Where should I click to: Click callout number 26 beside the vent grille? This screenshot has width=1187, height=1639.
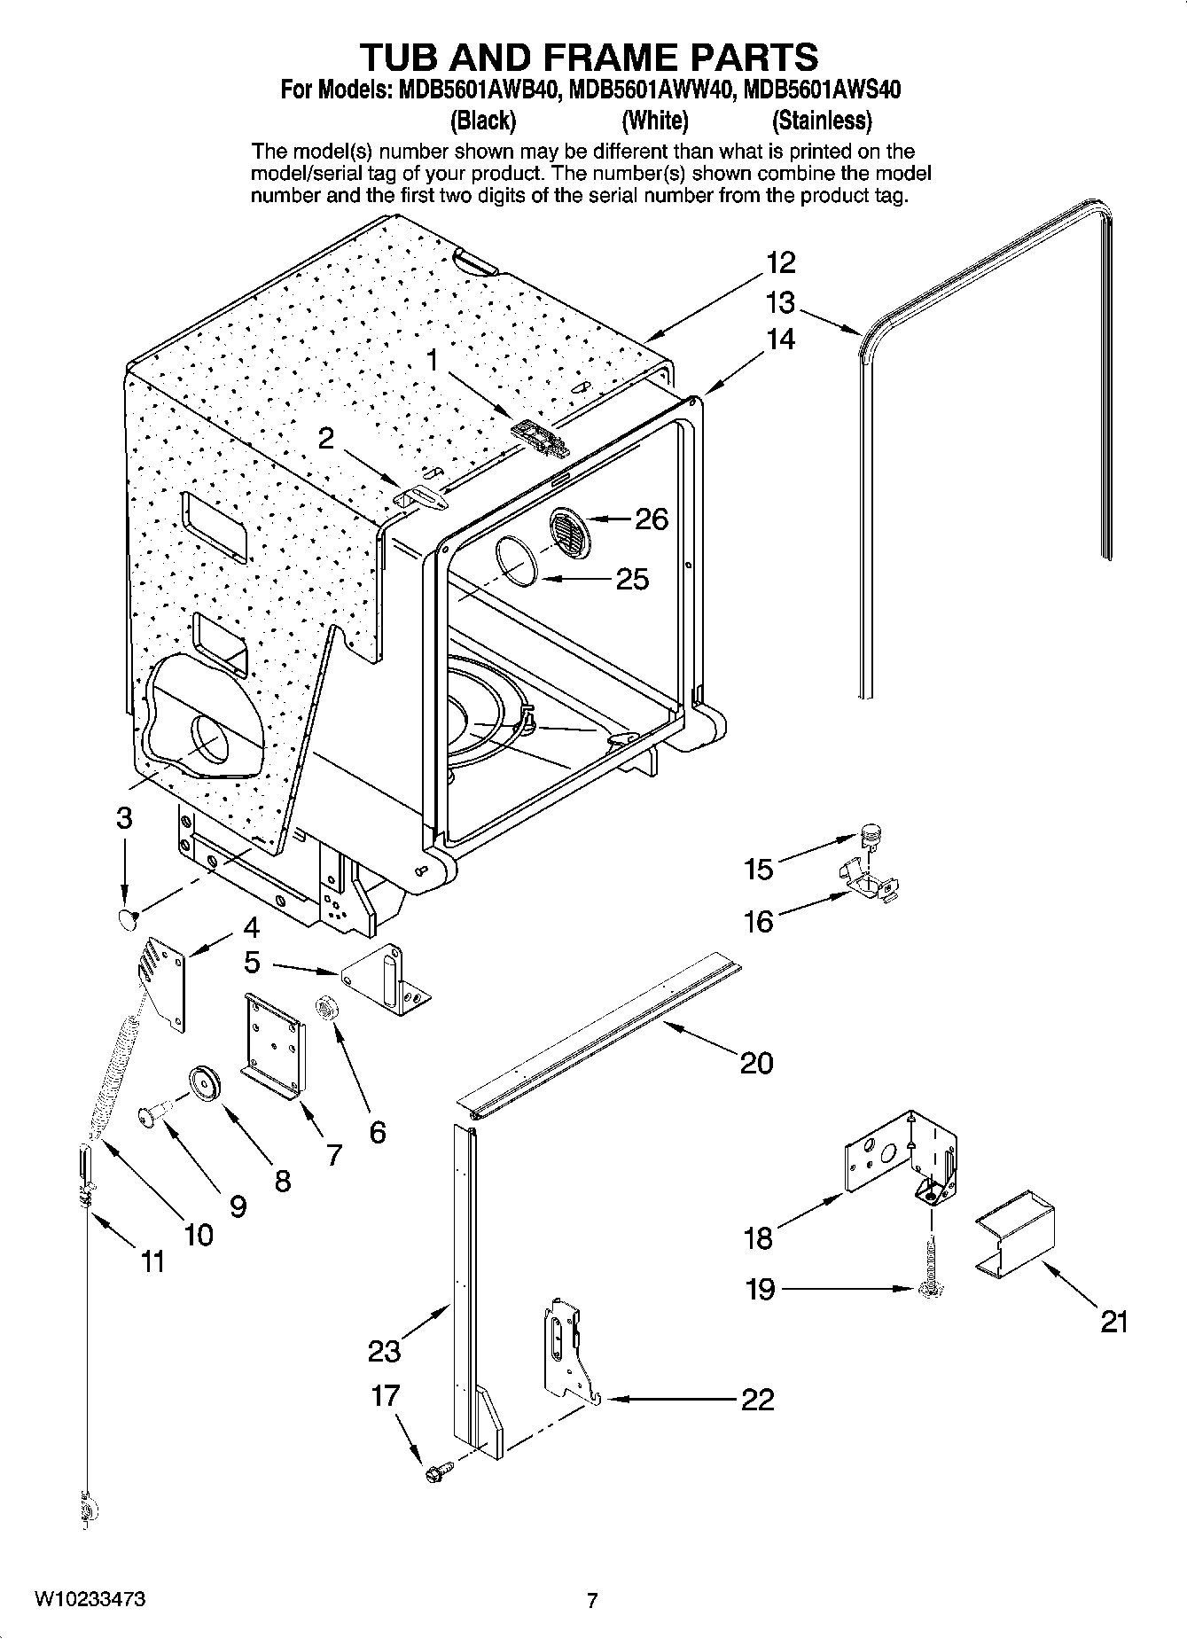click(x=652, y=519)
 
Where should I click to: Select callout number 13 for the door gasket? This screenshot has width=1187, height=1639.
click(x=780, y=303)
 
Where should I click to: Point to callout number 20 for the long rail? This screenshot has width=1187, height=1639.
click(x=756, y=1062)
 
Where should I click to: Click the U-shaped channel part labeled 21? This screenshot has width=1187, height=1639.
click(x=1016, y=1235)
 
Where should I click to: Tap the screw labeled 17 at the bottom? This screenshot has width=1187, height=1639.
click(x=436, y=1472)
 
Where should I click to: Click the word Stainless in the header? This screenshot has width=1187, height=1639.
click(x=822, y=120)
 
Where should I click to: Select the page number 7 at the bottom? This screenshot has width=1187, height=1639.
click(x=592, y=1600)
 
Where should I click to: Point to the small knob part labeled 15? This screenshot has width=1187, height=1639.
click(x=871, y=833)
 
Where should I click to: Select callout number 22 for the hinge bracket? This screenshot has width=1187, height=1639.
click(x=756, y=1399)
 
